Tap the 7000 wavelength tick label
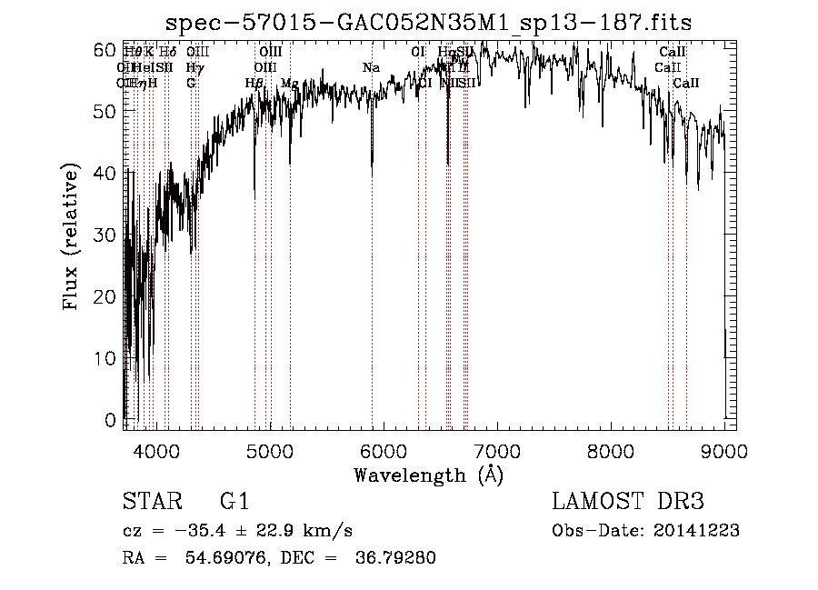click(x=497, y=450)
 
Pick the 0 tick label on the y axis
click(x=111, y=420)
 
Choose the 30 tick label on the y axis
click(x=105, y=235)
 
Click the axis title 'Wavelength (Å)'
click(x=428, y=475)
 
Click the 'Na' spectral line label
click(x=370, y=68)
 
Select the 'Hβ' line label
click(x=254, y=84)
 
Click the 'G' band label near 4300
click(x=191, y=84)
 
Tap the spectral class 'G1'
click(x=234, y=501)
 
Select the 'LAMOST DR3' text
click(x=627, y=501)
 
